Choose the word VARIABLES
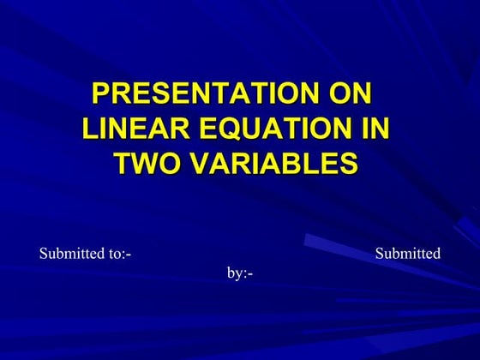point(273,163)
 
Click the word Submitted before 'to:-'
point(70,254)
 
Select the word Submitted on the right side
point(408,254)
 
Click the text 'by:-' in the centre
point(240,273)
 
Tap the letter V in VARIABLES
point(201,163)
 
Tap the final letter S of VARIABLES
point(347,163)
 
